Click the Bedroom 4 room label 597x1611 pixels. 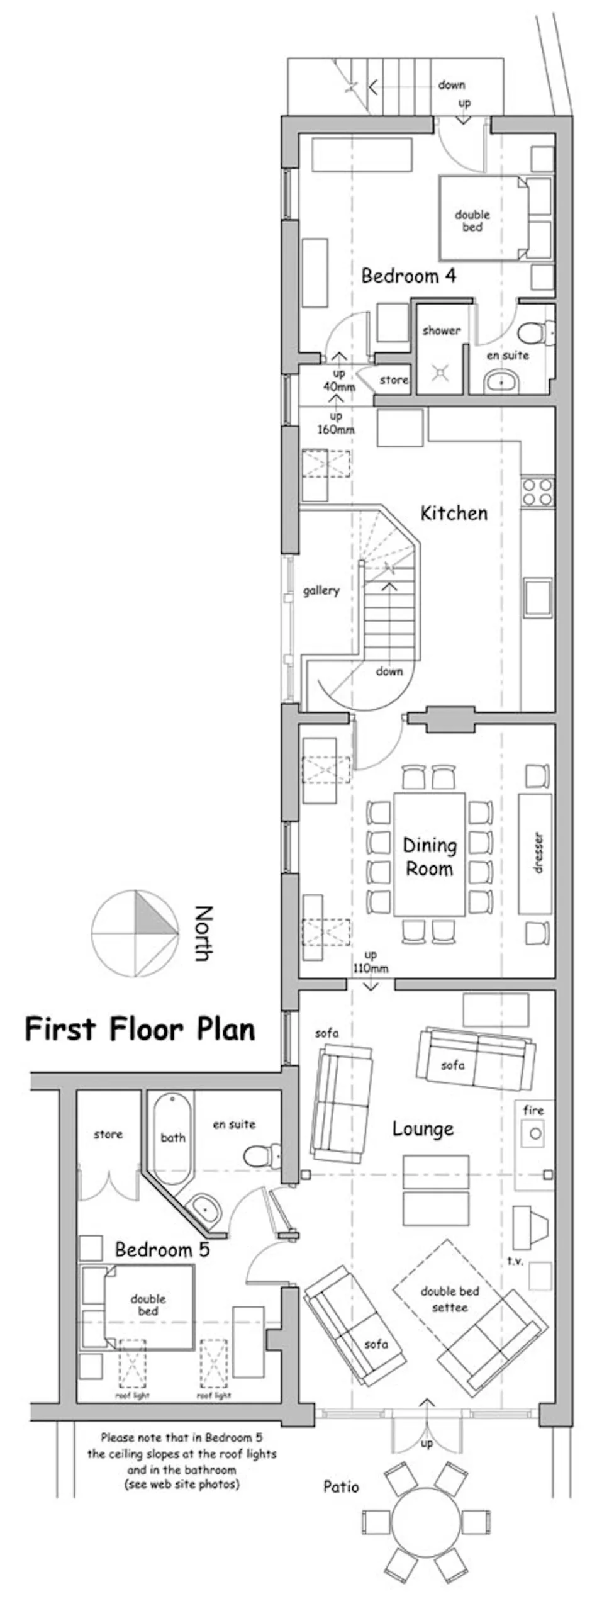(x=408, y=276)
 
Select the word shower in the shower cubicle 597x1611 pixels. (x=441, y=330)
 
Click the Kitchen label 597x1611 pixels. (x=454, y=513)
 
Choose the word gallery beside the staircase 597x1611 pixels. (x=321, y=590)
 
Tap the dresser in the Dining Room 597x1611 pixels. (x=535, y=853)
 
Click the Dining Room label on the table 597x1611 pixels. (x=430, y=857)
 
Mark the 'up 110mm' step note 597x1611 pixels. (x=370, y=962)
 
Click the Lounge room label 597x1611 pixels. (x=423, y=1129)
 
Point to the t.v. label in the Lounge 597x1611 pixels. (x=515, y=1260)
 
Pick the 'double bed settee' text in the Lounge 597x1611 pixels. (x=450, y=1299)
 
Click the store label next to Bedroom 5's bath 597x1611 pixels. (x=108, y=1134)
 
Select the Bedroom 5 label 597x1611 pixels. (x=162, y=1250)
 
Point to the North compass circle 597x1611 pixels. (x=135, y=933)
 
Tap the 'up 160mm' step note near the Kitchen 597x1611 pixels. (x=336, y=423)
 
